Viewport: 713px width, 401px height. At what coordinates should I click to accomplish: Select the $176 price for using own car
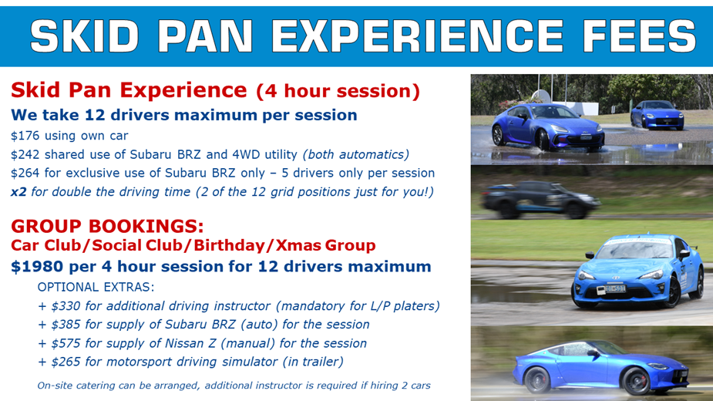(x=25, y=135)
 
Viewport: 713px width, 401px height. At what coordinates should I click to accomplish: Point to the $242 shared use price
(x=25, y=154)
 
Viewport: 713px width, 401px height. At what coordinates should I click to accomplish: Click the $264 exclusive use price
(x=25, y=173)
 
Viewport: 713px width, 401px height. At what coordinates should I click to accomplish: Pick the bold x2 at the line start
(x=18, y=191)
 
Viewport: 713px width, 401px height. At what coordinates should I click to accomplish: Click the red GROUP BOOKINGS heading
(x=107, y=227)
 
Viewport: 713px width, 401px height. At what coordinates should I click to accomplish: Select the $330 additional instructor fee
(x=66, y=306)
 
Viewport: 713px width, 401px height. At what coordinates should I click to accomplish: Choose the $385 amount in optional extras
(x=66, y=325)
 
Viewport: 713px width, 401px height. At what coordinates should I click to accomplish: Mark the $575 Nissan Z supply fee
(x=66, y=343)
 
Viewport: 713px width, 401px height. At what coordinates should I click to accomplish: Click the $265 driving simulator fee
(x=66, y=362)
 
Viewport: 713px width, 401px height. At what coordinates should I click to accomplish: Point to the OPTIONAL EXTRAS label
(x=96, y=287)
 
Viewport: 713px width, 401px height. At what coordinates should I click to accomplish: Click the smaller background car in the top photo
(x=657, y=116)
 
